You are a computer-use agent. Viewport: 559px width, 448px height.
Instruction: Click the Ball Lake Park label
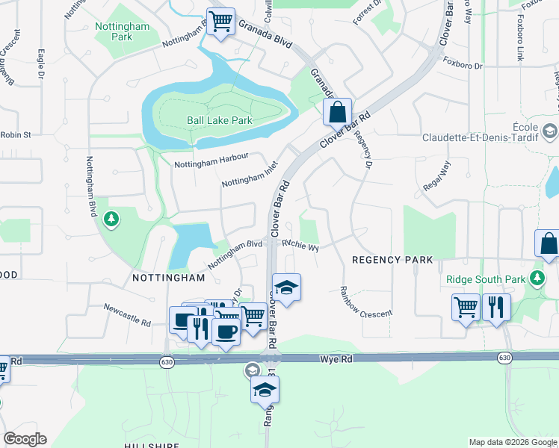(219, 120)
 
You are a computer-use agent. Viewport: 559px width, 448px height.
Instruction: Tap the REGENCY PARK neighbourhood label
(392, 260)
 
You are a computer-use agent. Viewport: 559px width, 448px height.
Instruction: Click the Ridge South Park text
(486, 280)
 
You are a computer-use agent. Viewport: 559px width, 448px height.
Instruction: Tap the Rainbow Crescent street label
(365, 302)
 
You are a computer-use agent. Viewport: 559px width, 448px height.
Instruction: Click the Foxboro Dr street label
(463, 65)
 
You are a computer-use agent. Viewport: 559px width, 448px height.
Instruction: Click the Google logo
(25, 439)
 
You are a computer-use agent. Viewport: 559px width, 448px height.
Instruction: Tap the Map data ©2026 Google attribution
(512, 442)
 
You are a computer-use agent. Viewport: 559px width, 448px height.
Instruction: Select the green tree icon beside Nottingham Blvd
(111, 219)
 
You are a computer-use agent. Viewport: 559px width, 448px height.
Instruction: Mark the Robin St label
(16, 135)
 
